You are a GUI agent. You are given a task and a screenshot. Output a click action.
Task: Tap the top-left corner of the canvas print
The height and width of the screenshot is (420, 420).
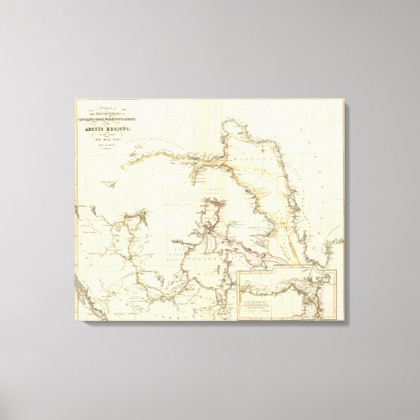pos(76,98)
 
